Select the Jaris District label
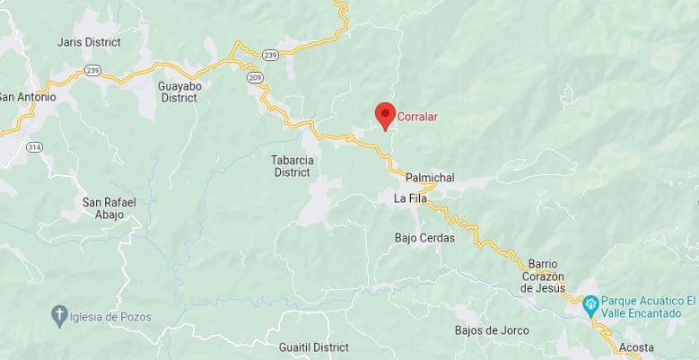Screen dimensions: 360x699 click(88, 42)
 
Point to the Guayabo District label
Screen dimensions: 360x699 click(178, 92)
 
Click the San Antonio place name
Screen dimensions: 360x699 click(27, 97)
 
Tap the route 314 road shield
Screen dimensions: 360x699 click(34, 146)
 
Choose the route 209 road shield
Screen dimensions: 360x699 click(256, 78)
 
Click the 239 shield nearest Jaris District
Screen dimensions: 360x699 click(92, 69)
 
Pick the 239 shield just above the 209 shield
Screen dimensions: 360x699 click(271, 56)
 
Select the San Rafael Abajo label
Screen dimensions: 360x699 click(109, 208)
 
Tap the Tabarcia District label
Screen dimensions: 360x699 click(292, 166)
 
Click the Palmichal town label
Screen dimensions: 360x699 click(430, 178)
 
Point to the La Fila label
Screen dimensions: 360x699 click(410, 198)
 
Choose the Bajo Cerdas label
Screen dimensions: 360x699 click(424, 238)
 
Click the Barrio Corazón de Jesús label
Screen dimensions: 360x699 click(543, 276)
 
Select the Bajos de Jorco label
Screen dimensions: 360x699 click(492, 330)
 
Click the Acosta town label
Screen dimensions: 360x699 click(636, 347)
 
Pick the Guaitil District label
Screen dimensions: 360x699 click(313, 347)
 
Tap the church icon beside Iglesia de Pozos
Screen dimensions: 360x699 click(59, 316)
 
